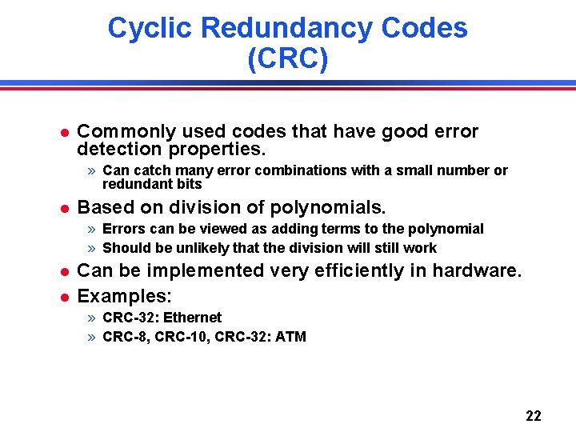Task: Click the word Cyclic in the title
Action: coord(150,28)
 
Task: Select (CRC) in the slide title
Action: coord(288,60)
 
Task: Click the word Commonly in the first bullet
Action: coord(119,131)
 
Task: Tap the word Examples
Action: coord(124,297)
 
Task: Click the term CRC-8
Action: coord(126,337)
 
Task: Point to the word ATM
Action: coord(290,337)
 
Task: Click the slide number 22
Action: coord(534,416)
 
